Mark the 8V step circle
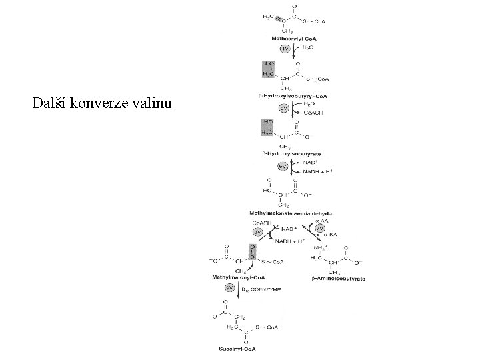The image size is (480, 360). (257, 231)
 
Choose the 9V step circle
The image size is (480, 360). (229, 287)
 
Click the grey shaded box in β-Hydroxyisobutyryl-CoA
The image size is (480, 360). (269, 69)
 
